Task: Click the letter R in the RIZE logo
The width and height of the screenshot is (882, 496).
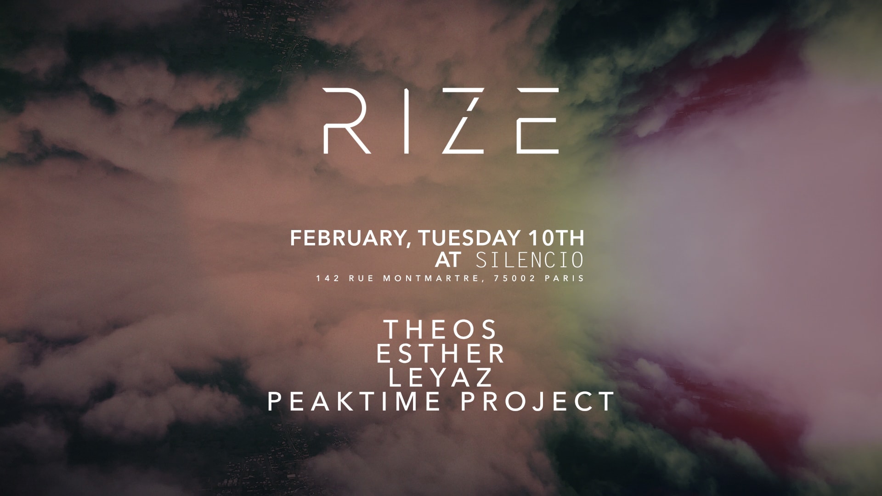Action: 345,121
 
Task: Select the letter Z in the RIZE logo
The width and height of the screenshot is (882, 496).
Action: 464,121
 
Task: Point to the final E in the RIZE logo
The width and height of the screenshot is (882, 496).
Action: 537,121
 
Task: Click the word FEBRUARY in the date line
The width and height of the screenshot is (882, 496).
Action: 347,238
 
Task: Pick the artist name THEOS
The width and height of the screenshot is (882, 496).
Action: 441,330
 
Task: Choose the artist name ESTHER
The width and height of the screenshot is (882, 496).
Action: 441,354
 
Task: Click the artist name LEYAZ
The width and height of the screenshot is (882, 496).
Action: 441,378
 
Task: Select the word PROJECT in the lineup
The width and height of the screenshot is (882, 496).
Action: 537,401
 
